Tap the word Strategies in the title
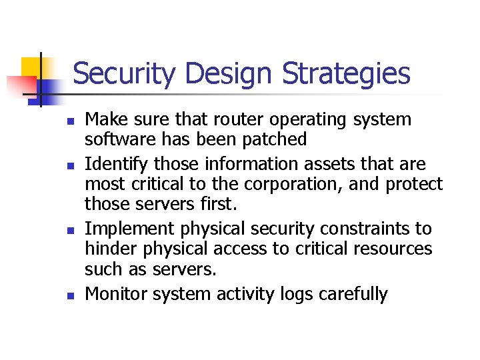click(x=346, y=74)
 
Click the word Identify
click(x=119, y=165)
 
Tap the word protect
click(x=413, y=184)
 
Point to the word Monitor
click(x=116, y=294)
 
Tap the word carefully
click(x=355, y=294)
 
